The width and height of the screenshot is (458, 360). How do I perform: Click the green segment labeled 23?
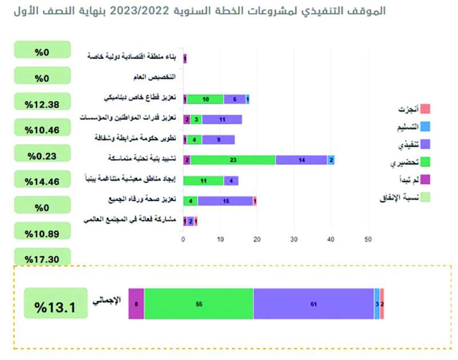pyautogui.click(x=232, y=160)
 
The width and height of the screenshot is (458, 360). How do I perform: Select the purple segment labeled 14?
pyautogui.click(x=301, y=160)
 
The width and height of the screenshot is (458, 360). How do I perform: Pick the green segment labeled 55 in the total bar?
pyautogui.click(x=199, y=304)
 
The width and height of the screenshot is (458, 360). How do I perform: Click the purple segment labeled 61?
pyautogui.click(x=313, y=304)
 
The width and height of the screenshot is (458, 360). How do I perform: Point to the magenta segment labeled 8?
pyautogui.click(x=136, y=304)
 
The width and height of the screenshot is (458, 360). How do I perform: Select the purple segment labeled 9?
pyautogui.click(x=219, y=139)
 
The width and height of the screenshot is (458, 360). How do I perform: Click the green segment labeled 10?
pyautogui.click(x=205, y=99)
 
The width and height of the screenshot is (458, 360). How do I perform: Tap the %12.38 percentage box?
pyautogui.click(x=43, y=104)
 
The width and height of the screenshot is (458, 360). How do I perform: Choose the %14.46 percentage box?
pyautogui.click(x=43, y=181)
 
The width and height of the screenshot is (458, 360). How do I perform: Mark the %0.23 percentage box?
pyautogui.click(x=43, y=156)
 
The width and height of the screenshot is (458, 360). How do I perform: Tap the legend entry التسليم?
pyautogui.click(x=413, y=126)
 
